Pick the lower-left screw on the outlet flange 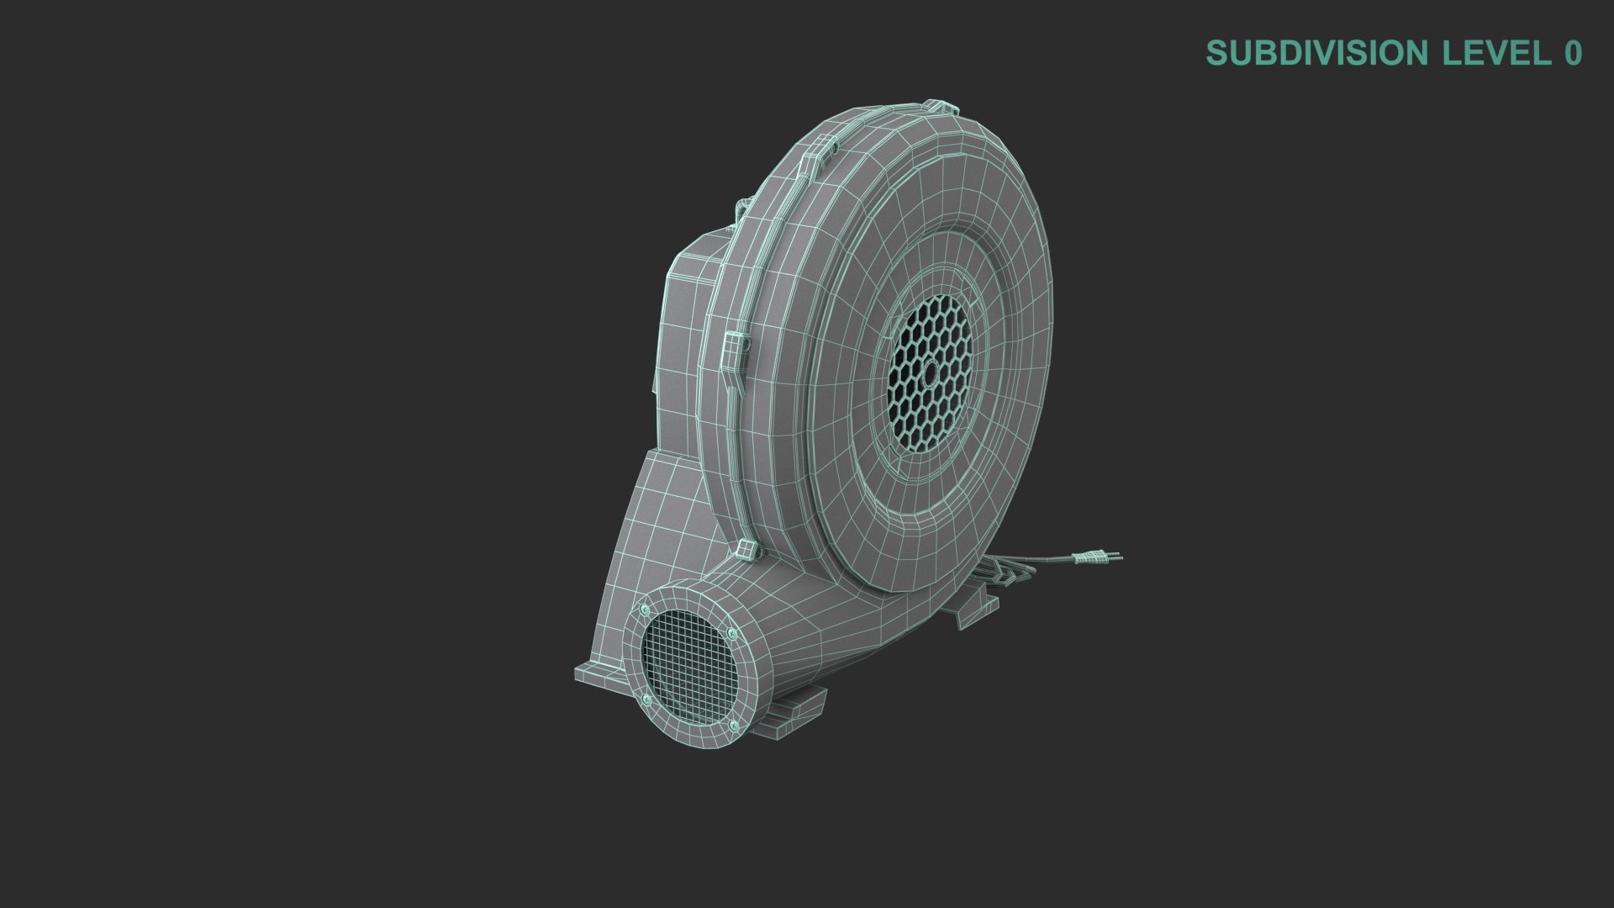point(646,700)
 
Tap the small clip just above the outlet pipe point(746,551)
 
